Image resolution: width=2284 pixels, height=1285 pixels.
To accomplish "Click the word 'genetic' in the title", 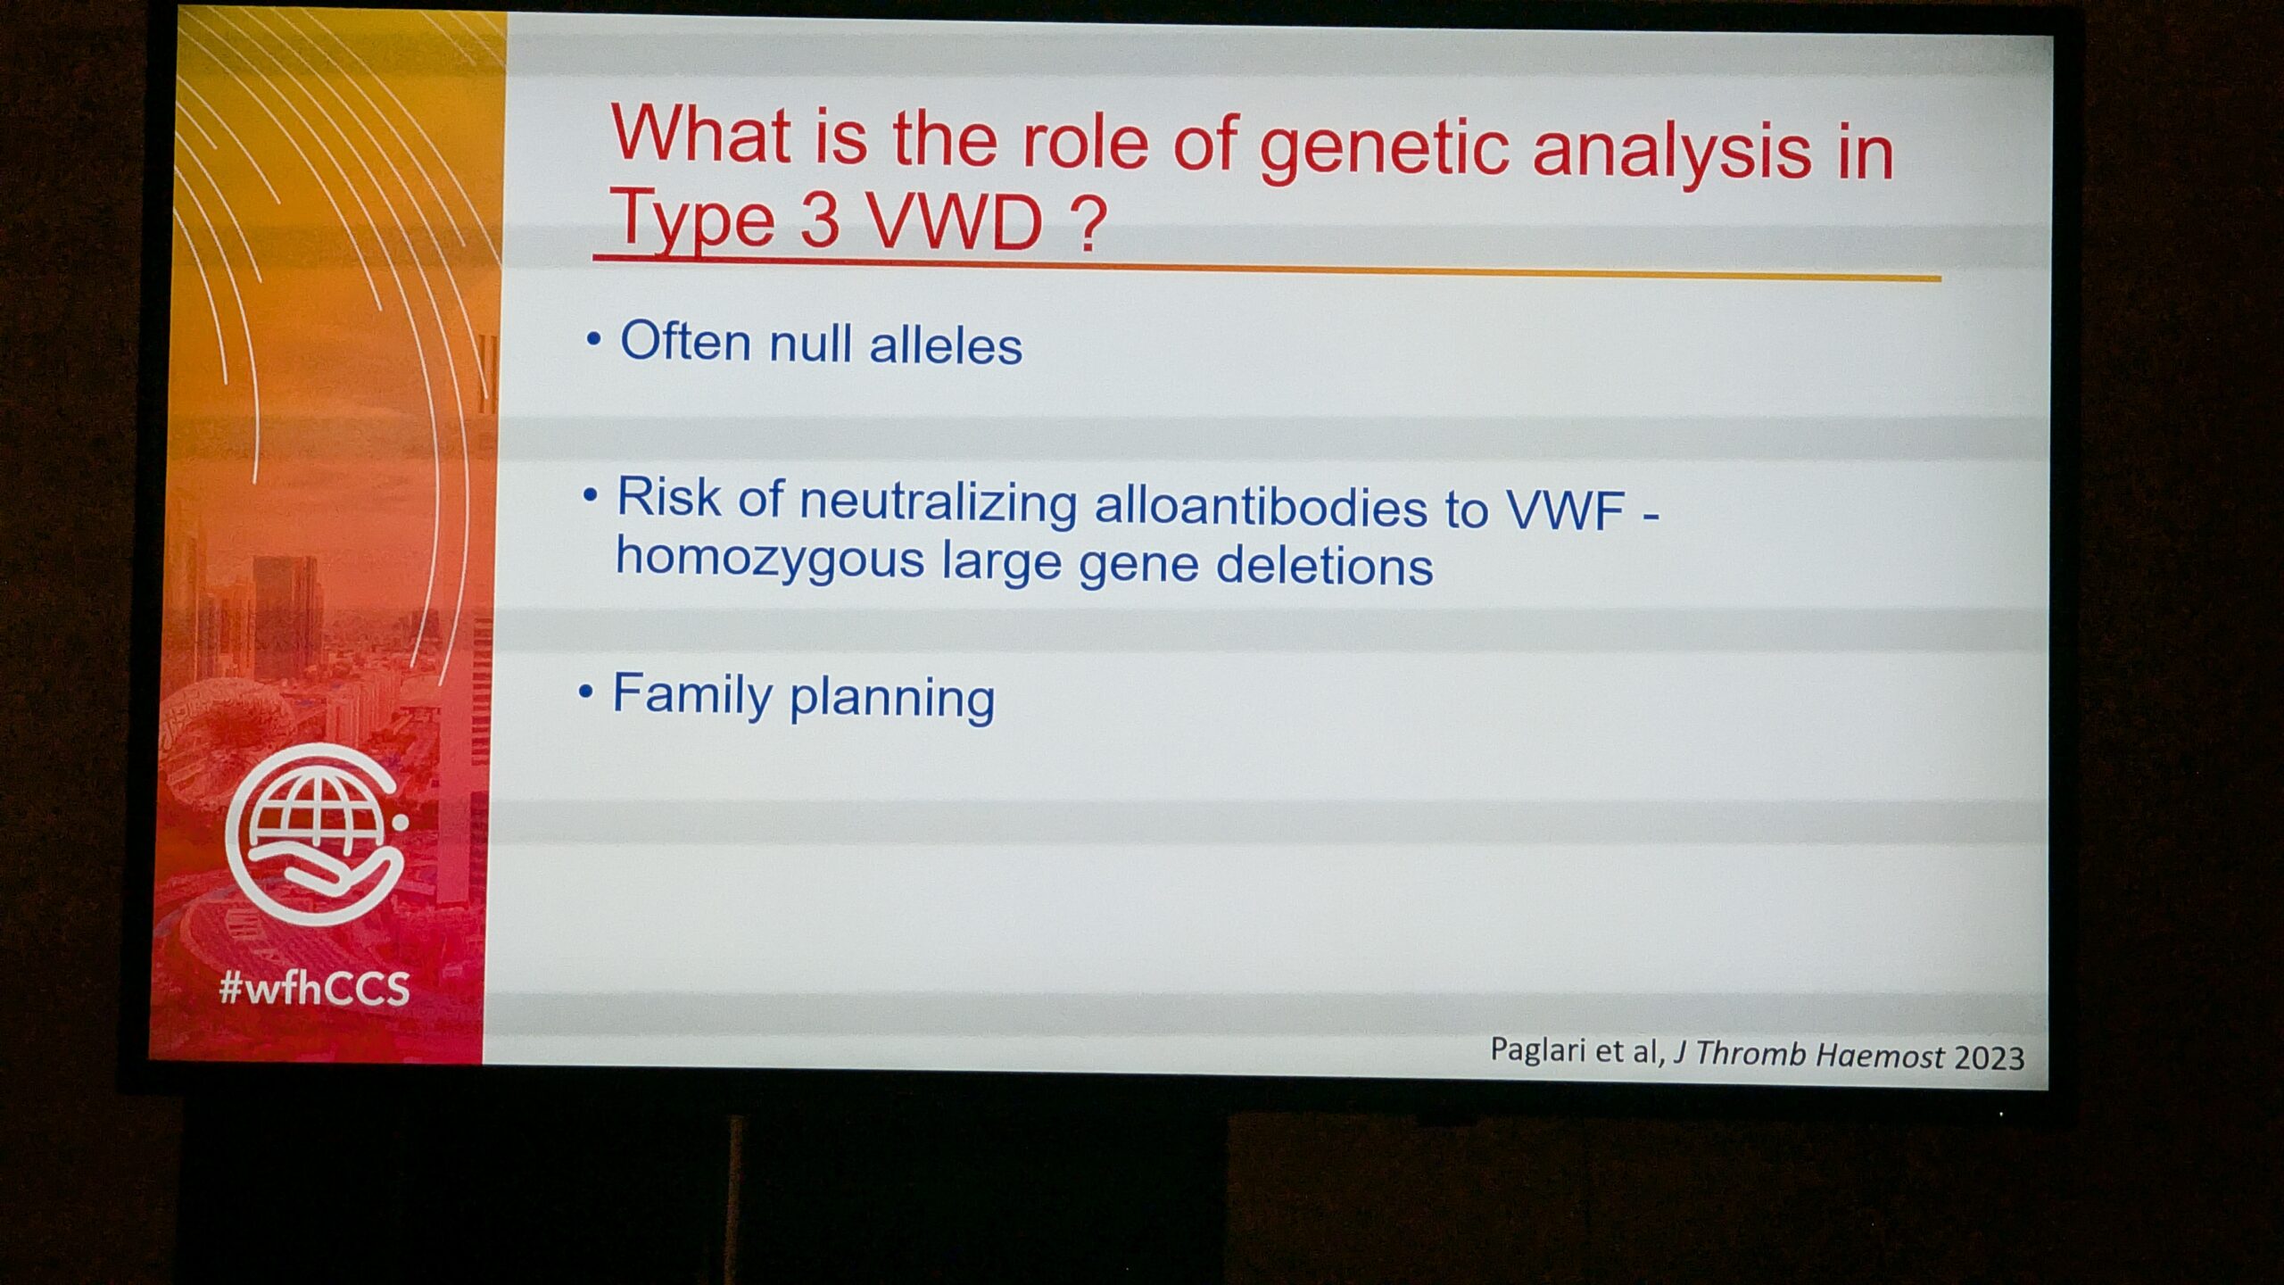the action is (x=1383, y=148).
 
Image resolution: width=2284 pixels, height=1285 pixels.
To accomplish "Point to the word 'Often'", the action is (x=685, y=340).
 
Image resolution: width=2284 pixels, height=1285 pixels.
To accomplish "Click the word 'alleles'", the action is (x=946, y=345).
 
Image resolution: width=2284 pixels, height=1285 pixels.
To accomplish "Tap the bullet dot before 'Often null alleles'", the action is (x=593, y=340).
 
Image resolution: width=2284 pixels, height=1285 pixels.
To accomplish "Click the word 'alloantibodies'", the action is (x=1261, y=507).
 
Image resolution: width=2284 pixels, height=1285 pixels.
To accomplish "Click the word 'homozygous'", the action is (x=769, y=560).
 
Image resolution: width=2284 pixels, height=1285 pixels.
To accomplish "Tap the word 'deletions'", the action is (x=1324, y=566).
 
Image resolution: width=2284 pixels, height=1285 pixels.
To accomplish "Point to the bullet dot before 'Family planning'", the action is (x=585, y=692).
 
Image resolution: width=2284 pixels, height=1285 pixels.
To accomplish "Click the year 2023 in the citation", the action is (x=1989, y=1057).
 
